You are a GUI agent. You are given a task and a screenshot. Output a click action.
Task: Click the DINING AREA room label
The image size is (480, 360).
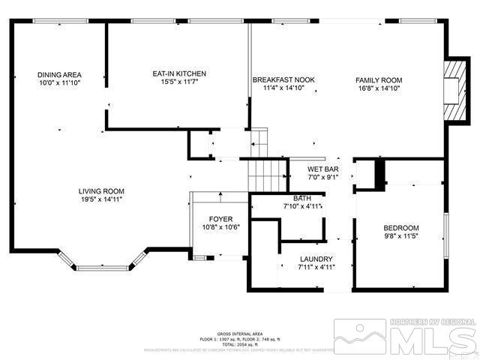click(x=59, y=75)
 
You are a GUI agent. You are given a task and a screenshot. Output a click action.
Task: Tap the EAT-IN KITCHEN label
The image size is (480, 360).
click(x=179, y=73)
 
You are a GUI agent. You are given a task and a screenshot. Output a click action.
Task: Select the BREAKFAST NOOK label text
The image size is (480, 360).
click(x=283, y=80)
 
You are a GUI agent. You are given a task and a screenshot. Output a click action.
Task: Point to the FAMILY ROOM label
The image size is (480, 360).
click(x=379, y=80)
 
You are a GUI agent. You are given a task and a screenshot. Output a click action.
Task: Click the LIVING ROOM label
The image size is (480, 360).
click(x=103, y=191)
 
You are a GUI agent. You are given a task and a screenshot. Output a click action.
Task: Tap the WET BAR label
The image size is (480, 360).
click(x=323, y=169)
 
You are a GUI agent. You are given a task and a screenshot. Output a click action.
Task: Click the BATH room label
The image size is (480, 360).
click(x=302, y=197)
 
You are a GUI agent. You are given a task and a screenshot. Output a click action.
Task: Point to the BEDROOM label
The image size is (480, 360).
click(x=401, y=228)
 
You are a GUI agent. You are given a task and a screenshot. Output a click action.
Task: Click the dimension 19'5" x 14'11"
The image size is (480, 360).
click(x=103, y=199)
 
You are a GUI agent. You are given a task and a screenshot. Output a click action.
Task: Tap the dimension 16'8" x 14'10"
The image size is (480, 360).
click(x=379, y=88)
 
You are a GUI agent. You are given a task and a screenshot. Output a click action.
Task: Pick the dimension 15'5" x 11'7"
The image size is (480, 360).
click(x=179, y=82)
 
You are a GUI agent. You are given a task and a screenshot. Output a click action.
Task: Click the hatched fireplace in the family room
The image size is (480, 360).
click(x=453, y=88)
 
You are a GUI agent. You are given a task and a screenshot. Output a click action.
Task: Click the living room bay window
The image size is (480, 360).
click(x=103, y=262)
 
